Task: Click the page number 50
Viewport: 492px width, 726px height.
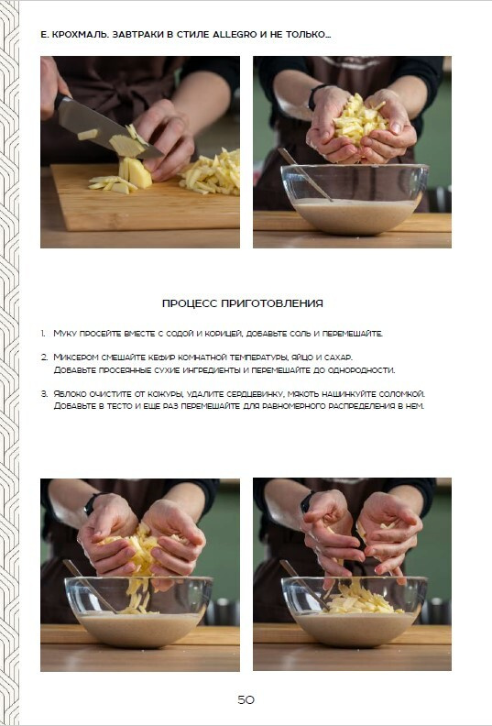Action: coord(246,699)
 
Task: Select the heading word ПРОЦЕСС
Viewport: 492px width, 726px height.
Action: coord(190,303)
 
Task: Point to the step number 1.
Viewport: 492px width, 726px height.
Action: coord(42,334)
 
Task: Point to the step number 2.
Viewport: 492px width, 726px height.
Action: coord(43,357)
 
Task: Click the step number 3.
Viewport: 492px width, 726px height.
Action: coord(43,394)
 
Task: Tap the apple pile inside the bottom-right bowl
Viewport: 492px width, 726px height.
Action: coord(361,599)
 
